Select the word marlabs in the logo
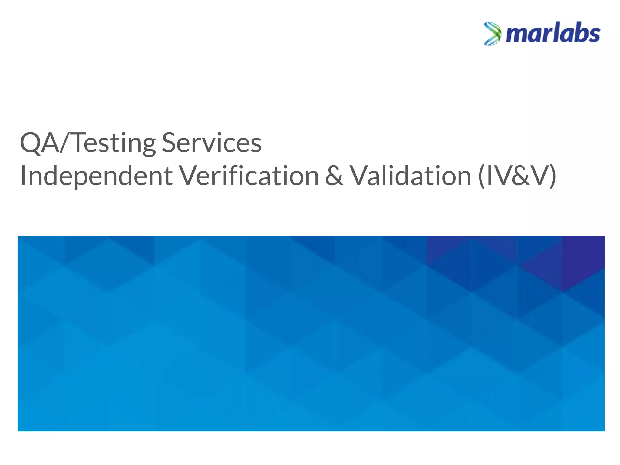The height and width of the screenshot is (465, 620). tap(553, 34)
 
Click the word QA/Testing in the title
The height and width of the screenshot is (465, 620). tap(88, 143)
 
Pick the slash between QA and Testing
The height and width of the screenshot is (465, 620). tap(65, 143)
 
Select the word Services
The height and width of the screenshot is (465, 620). tap(212, 143)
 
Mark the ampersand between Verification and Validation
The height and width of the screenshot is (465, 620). tap(335, 176)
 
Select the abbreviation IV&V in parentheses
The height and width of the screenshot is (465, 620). tap(517, 176)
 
